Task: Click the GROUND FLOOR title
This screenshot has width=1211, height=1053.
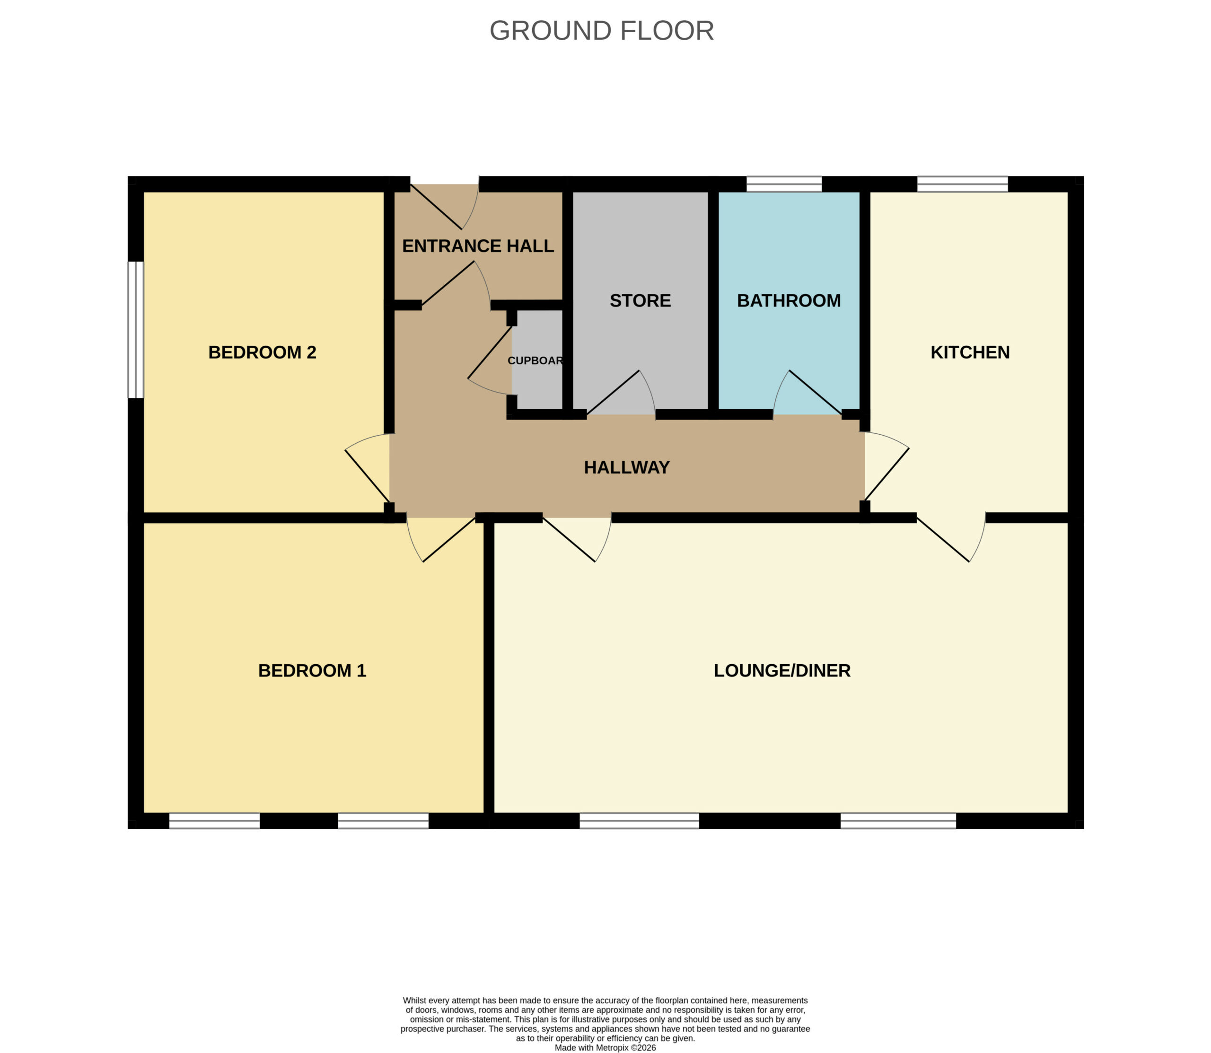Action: coord(602,31)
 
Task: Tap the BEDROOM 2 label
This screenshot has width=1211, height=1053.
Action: coord(262,352)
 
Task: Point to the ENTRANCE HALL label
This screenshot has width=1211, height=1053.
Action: coord(478,246)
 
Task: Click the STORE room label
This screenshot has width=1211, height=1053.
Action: coord(640,300)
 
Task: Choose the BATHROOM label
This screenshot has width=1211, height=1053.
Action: coord(789,300)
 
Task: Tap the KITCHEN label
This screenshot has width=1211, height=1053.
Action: coord(970,352)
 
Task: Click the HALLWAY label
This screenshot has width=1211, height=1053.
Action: coord(627,467)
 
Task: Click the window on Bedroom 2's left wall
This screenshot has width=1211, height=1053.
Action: coord(136,330)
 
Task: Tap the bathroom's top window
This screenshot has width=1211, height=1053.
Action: coord(784,184)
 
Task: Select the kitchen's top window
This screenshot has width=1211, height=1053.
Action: coord(963,184)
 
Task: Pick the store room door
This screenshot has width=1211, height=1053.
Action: coord(621,394)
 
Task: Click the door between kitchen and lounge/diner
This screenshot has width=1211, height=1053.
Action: coord(951,538)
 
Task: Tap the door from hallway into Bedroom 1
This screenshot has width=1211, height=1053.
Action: coord(441,538)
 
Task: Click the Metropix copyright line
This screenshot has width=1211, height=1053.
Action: coord(605,1047)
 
